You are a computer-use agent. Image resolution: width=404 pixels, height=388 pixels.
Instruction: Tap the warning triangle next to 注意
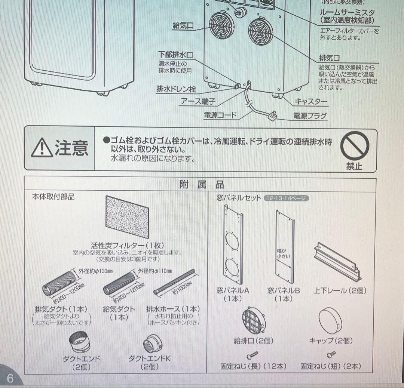tap(42, 148)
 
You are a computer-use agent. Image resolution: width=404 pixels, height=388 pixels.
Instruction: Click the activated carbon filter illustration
tap(127, 218)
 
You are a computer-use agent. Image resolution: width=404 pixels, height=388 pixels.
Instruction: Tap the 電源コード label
tap(221, 115)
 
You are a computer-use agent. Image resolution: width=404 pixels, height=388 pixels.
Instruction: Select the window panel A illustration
tap(232, 247)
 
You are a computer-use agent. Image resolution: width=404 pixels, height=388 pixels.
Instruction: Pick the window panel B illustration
tap(285, 247)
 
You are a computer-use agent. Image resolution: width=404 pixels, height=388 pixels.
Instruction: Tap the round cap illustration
tap(331, 321)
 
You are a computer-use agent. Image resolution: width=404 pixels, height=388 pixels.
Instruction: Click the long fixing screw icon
tap(252, 354)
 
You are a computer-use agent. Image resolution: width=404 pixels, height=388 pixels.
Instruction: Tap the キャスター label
tap(311, 101)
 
